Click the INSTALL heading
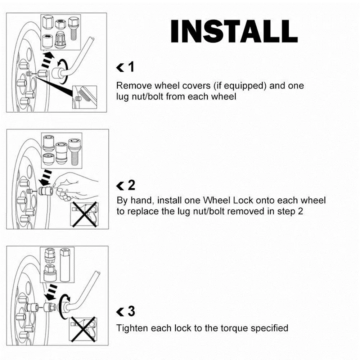click(234, 31)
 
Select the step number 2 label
click(131, 185)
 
